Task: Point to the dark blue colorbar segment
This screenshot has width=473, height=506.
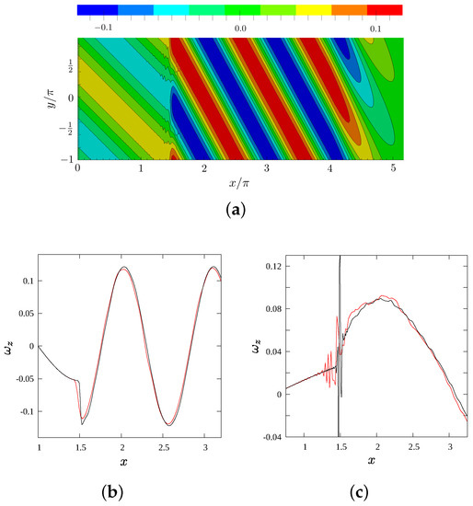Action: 97,10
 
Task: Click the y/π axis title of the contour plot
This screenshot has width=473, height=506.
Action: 49,99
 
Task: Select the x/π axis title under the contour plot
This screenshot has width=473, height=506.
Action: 242,184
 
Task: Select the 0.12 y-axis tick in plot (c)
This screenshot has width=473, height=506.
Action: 261,265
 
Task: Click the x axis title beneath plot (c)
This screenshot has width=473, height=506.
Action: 370,458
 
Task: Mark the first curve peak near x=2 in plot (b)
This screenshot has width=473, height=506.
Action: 123,268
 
